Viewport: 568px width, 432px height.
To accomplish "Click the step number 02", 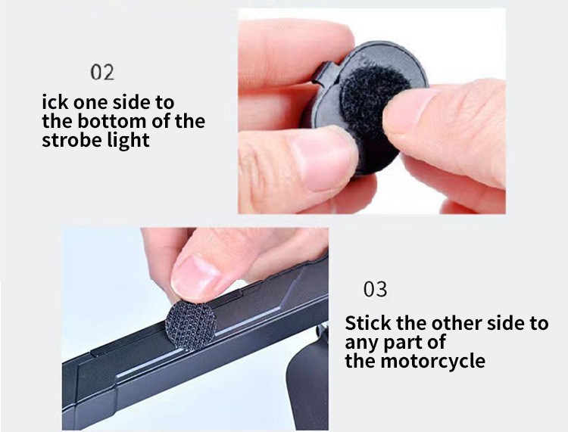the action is (102, 73).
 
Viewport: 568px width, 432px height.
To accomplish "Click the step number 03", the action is (376, 290).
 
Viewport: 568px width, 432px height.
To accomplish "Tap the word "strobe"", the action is (67, 140).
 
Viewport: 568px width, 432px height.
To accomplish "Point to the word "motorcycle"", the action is (432, 361).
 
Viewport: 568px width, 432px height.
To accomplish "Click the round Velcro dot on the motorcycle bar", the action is (191, 325).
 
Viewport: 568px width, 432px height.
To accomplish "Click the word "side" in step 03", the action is (506, 323).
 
